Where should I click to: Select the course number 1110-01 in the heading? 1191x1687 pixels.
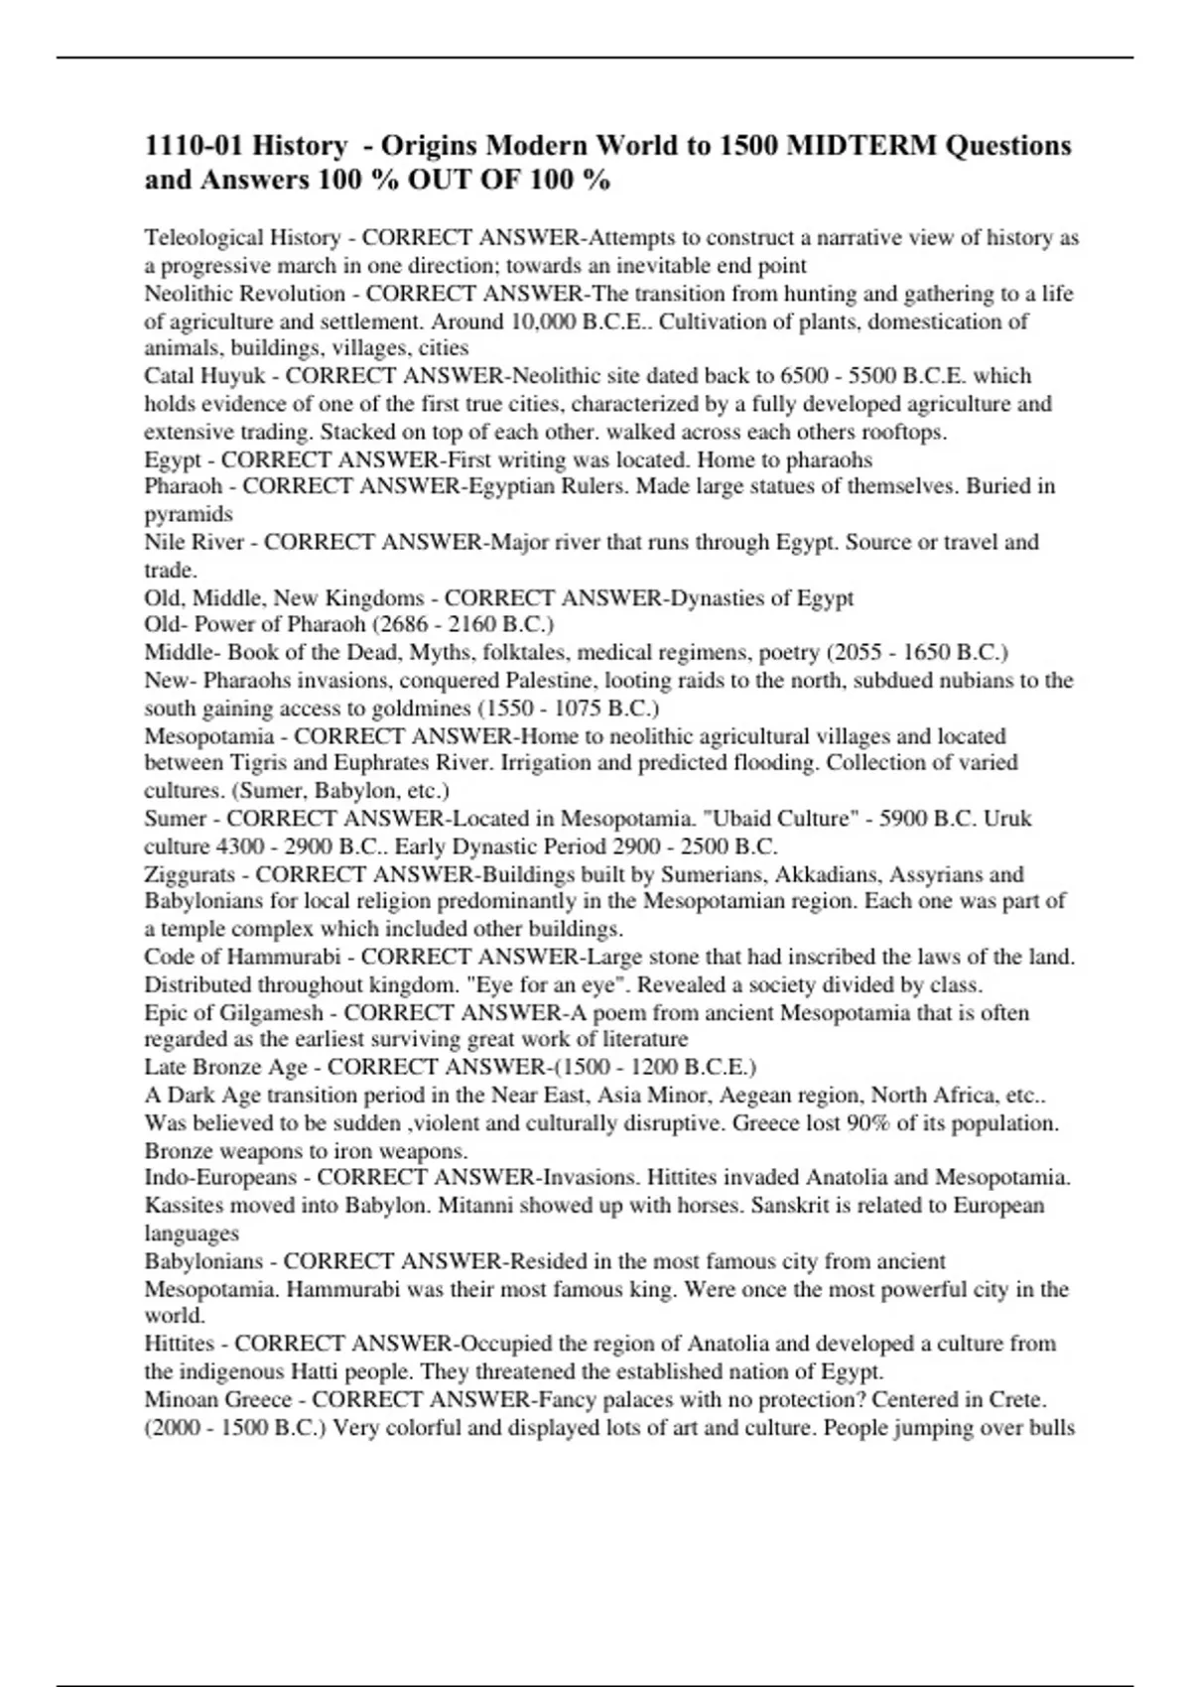pyautogui.click(x=194, y=146)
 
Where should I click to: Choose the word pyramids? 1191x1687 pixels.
pyautogui.click(x=189, y=514)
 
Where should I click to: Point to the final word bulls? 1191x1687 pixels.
pyautogui.click(x=1053, y=1428)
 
